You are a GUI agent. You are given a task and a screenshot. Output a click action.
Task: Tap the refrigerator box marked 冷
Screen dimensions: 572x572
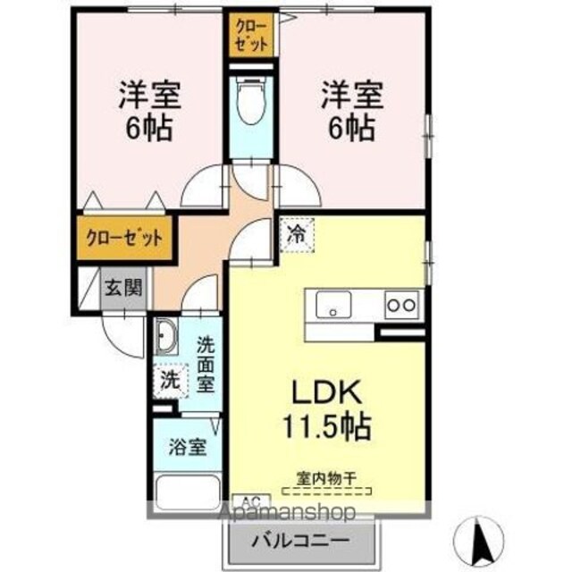coord(297,235)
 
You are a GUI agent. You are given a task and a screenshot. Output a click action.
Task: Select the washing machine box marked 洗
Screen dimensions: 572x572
coord(171,381)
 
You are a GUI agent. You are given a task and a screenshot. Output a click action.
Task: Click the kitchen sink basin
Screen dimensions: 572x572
coord(333,305)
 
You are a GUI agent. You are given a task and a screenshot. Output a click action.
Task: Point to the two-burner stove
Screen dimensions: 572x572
coord(401,305)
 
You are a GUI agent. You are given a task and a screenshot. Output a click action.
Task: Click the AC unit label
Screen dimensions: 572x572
coord(251,500)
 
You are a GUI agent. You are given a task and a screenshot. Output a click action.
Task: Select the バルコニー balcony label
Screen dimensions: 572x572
coord(300,540)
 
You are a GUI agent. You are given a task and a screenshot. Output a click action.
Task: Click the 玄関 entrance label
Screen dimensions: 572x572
coord(123,290)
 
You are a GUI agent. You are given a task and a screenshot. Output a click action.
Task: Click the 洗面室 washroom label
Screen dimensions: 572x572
coord(206,365)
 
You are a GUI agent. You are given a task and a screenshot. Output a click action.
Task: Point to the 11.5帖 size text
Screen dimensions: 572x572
coord(327,426)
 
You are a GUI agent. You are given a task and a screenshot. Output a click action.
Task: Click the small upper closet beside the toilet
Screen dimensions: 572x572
coord(251,35)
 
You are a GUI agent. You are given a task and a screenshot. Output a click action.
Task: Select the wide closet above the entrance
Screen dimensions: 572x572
coord(124,239)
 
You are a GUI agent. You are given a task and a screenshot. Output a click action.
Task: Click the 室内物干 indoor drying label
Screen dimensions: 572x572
coord(325,478)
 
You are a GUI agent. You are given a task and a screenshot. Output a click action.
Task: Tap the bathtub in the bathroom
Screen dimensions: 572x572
coord(188,492)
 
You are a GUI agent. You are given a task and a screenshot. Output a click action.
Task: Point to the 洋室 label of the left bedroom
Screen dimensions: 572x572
coord(149,95)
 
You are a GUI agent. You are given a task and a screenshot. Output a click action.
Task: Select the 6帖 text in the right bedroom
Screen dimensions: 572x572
coord(351,129)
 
